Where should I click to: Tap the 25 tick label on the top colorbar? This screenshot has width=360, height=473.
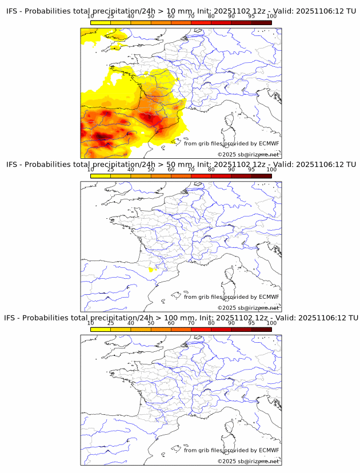point(111,17)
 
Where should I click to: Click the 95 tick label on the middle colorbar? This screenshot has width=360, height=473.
point(251,170)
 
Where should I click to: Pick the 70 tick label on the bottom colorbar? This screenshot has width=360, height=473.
point(191,323)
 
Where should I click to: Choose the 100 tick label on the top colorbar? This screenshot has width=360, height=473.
point(271,17)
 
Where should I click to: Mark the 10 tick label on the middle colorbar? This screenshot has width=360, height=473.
point(90,170)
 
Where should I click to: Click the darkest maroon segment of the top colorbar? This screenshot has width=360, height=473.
point(261,22)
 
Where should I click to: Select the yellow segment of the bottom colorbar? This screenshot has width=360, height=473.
point(101,328)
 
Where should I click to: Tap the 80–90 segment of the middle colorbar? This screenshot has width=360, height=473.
point(221,175)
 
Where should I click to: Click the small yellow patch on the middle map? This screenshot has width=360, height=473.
point(151,269)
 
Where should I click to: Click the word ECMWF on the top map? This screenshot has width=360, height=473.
point(269,143)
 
